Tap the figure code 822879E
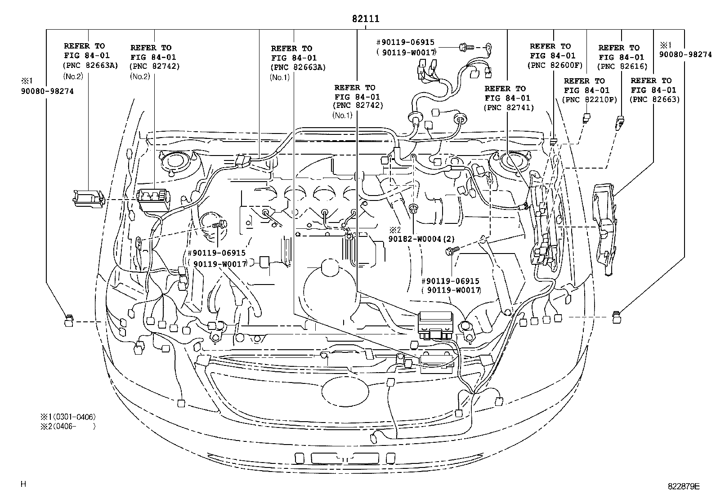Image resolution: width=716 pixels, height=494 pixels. click(x=684, y=486)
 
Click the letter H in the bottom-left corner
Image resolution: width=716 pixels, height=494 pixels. click(x=23, y=484)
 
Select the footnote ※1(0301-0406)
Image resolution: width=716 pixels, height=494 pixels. click(x=68, y=417)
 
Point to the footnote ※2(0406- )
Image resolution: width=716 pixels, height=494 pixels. click(x=68, y=426)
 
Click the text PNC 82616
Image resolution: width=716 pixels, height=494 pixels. click(x=622, y=67)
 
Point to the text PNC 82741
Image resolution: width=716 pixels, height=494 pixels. click(x=509, y=107)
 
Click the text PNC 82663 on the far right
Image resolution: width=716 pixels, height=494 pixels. click(x=654, y=100)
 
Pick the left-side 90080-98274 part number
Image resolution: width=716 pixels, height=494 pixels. click(x=47, y=91)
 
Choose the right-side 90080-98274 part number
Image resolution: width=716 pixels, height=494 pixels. click(x=685, y=54)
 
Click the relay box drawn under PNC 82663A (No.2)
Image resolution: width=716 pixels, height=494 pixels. click(x=88, y=198)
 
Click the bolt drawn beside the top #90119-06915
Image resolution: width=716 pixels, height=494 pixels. click(x=466, y=46)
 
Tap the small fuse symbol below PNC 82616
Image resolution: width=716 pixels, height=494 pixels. click(x=621, y=122)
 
